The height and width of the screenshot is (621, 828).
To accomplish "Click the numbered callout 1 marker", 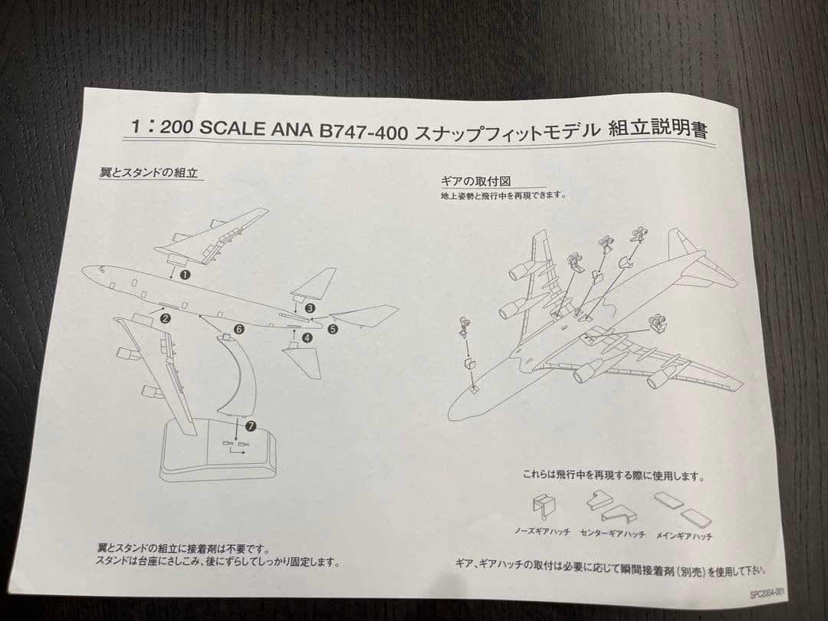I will coord(185,274).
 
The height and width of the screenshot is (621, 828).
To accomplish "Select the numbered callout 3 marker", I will coord(310,308).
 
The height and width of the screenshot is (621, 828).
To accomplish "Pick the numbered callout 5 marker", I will coord(333,330).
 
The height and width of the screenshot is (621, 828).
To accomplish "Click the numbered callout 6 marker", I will coord(239,329).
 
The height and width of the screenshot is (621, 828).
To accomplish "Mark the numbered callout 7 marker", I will coord(251,426).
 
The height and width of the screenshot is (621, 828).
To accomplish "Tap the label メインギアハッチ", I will coord(684,536).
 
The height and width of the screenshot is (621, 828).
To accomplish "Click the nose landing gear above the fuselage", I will coord(464,327).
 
